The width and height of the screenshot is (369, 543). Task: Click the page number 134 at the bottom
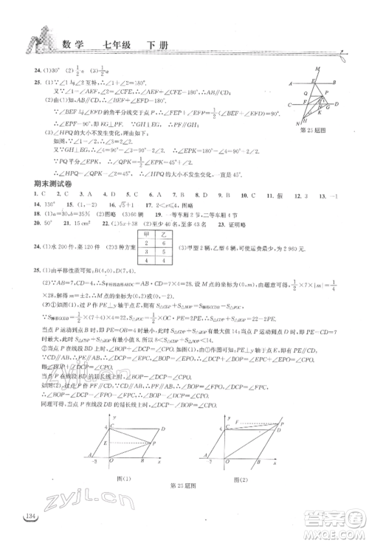click(29, 515)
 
